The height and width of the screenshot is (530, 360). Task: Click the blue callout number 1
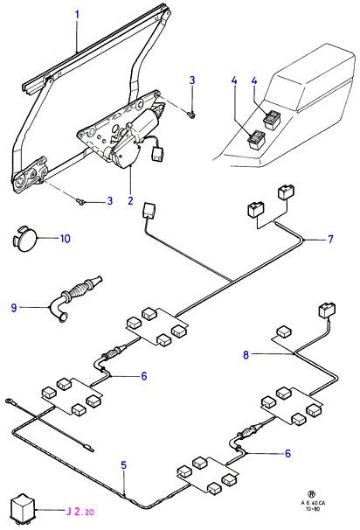pos(77,15)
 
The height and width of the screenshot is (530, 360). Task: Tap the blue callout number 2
pos(131,200)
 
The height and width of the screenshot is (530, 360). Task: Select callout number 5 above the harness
pos(124,465)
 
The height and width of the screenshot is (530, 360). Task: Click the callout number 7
pos(330,239)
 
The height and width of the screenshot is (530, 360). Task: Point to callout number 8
pos(246,355)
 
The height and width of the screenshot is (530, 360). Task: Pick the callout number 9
pos(14,308)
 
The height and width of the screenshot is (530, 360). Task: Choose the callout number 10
pos(66,239)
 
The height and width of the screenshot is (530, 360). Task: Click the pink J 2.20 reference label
pos(80,512)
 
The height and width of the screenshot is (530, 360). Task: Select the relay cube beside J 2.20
pos(23,509)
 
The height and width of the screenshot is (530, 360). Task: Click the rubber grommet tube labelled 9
pos(76,297)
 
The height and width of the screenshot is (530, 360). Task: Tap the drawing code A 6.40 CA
pos(313,503)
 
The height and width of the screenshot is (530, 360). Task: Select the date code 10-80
pos(312,508)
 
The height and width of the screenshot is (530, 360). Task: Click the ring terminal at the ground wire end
pos(8,401)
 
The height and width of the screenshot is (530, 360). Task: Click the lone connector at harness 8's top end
pos(327,310)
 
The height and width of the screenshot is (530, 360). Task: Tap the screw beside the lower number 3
pos(81,202)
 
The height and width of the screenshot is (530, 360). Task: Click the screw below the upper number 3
pos(191,115)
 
